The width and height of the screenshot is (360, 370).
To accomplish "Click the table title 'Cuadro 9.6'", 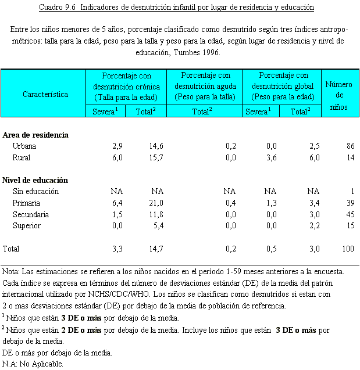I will coord(59,8).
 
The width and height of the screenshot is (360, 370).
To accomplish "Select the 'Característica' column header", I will coord(45,94).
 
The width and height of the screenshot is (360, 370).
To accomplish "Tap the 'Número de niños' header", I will coord(338,94).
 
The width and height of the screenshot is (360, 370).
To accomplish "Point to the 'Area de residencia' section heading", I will coord(35,135).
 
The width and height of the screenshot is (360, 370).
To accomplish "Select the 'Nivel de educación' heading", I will coord(35,181).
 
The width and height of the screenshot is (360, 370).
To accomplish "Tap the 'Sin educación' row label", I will coord(35,192).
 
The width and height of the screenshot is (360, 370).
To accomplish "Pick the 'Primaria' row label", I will coord(26,203).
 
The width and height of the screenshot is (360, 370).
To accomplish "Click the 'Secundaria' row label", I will coord(30,214).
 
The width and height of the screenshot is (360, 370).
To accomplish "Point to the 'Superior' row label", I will coord(27,225).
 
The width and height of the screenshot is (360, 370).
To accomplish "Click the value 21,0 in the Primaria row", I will coord(156,203).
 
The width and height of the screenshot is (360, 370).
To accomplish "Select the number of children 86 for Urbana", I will coord(349,146).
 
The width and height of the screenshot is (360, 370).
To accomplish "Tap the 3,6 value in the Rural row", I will coord(270,157).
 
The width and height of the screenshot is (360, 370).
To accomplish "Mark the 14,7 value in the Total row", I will coord(156,249).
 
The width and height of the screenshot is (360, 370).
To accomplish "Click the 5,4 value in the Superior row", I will coord(158,225).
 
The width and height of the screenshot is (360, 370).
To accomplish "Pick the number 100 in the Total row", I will coord(347,249).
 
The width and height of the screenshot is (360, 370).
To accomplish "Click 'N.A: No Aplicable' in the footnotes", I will coord(33,364).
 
